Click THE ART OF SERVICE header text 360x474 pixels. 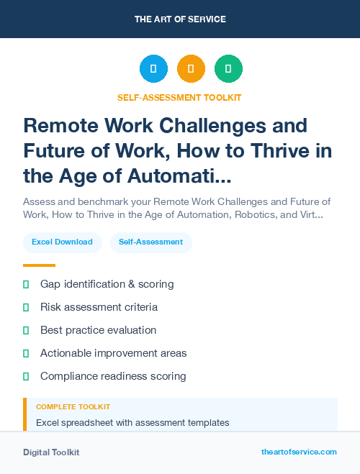180,19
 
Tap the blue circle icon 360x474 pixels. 153,69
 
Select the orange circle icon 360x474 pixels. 191,69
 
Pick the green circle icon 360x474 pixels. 228,69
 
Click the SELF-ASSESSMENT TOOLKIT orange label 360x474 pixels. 180,97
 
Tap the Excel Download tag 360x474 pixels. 62,242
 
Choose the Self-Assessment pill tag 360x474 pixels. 151,242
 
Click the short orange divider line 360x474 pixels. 39,265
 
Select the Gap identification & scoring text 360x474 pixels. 107,284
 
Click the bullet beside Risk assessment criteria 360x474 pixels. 26,307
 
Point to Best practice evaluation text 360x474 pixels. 98,330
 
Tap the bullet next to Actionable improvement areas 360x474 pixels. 26,353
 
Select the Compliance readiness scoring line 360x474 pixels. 113,376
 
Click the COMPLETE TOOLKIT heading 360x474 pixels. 73,407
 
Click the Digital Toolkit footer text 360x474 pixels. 51,452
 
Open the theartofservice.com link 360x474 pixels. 299,452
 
